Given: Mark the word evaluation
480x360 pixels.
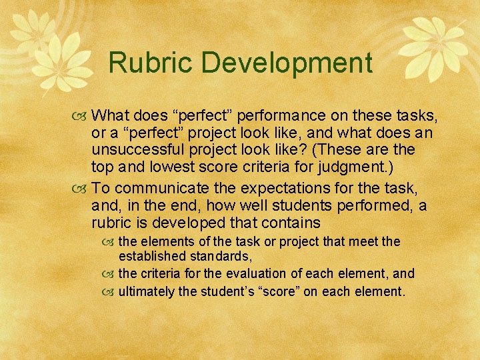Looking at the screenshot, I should coord(254,273).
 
